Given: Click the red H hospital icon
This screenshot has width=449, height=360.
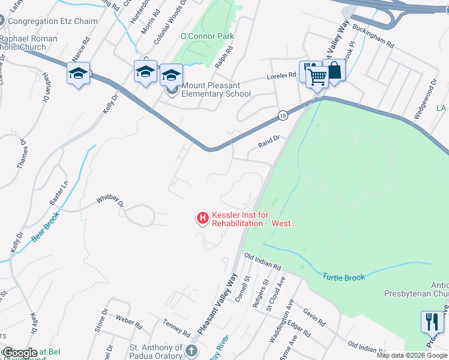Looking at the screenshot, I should point(203,217).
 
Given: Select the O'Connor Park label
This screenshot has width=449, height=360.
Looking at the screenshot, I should point(207,37).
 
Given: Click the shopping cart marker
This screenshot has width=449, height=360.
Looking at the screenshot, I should point(317,76).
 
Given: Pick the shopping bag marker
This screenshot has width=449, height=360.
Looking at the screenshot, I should point(334,70).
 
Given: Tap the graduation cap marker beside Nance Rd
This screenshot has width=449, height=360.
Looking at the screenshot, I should point(78,74).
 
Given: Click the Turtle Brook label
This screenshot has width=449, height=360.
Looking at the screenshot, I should point(343,277).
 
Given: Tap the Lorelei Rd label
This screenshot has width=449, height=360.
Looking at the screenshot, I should point(282,76).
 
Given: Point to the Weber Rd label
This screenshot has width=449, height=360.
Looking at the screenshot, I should point(128,323).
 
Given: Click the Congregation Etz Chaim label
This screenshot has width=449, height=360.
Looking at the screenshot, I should point(52,21).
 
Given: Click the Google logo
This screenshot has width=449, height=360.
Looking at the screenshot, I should point(20,352).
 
